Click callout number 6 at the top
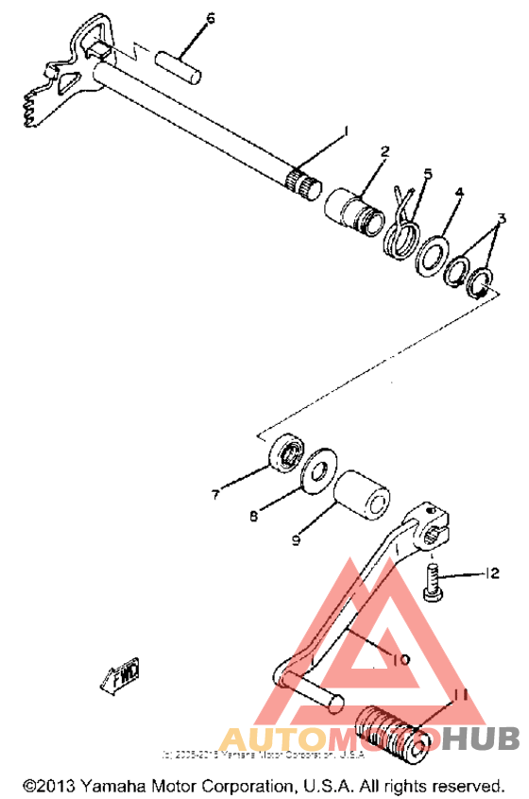(210, 18)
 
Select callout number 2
(385, 151)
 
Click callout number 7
(215, 493)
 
